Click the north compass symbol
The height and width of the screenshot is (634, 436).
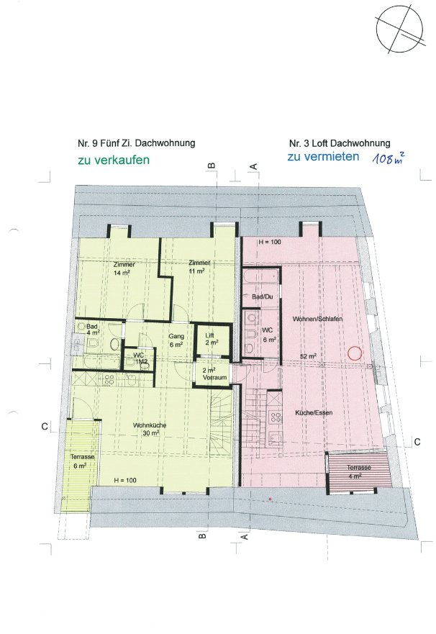399,30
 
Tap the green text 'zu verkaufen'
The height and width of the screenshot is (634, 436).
114,160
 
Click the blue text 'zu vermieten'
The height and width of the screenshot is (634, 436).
323,156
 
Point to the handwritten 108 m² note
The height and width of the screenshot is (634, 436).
389,158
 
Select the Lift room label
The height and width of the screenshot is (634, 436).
210,339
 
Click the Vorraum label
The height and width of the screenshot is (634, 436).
214,374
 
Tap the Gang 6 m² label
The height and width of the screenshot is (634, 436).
176,340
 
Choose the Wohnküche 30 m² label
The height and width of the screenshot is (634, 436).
150,429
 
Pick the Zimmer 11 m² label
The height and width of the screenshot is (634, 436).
199,267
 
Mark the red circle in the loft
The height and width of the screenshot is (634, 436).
355,353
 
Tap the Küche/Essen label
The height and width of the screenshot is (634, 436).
314,413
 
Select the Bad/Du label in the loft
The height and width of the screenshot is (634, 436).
263,296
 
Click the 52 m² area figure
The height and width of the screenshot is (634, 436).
308,356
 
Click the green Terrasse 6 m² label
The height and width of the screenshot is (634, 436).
83,461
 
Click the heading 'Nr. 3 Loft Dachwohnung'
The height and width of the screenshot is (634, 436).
340,143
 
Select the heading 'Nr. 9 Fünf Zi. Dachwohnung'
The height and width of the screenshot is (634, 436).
136,143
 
